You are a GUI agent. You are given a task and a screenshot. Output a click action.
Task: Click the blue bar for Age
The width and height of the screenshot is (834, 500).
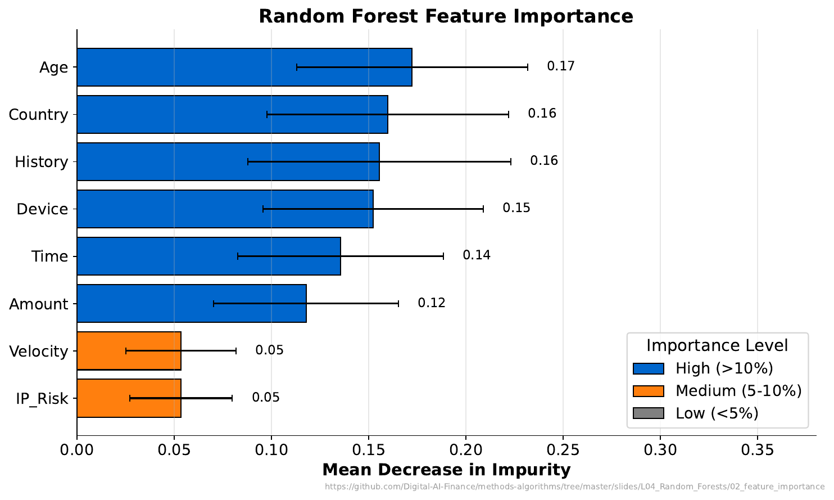tap(244, 67)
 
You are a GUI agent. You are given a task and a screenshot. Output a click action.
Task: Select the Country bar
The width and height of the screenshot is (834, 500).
tap(232, 114)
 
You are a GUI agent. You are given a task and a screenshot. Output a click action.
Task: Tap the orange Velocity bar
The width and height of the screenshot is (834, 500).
tap(129, 351)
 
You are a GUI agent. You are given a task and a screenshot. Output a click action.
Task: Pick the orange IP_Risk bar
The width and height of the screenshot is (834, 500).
tap(129, 398)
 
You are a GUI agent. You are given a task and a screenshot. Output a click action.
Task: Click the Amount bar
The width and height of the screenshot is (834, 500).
tap(191, 304)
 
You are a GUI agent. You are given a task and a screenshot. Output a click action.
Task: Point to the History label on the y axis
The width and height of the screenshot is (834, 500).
tap(41, 162)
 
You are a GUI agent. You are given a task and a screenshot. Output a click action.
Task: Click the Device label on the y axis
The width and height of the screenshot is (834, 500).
tap(42, 209)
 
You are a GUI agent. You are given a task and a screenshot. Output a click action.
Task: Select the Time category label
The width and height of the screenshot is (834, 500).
tap(49, 256)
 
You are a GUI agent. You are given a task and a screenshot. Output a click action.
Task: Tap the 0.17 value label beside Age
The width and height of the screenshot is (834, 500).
tap(560, 66)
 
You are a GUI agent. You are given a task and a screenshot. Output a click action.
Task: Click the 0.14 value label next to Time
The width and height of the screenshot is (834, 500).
tap(476, 255)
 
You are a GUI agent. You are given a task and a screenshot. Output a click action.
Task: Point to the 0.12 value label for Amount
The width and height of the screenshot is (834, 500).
tap(431, 303)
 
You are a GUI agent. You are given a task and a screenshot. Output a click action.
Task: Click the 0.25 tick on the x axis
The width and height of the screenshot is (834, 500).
tap(563, 451)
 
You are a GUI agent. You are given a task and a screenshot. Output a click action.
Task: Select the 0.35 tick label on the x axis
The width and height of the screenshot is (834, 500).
tap(757, 451)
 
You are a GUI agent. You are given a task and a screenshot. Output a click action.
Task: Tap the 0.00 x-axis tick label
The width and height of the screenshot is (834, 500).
tap(77, 451)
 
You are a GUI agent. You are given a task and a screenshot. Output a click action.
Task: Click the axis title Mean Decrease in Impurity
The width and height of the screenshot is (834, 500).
tap(446, 470)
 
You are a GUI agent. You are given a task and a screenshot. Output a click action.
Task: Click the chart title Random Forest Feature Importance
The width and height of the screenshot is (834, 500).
tap(446, 16)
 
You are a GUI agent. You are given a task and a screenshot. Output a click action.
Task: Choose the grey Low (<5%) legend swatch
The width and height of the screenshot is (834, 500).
tap(648, 413)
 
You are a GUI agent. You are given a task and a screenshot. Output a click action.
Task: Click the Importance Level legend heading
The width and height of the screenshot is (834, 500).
tap(717, 345)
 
